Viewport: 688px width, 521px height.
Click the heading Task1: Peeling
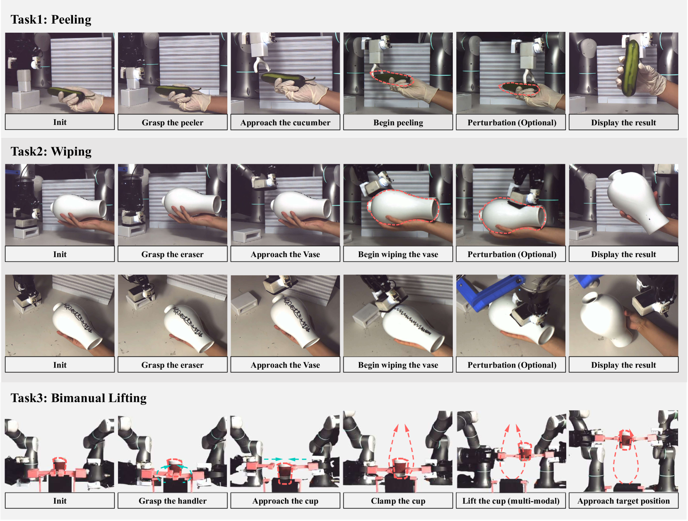51,20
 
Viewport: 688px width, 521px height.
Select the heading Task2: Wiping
51,151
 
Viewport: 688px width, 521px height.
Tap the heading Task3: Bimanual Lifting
79,398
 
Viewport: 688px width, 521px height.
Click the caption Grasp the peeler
172,122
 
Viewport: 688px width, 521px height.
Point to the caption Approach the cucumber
285,122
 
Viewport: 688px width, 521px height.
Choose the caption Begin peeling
398,122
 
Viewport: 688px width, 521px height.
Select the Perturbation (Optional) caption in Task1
512,122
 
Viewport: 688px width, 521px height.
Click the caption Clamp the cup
398,501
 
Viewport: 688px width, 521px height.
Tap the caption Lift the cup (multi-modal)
511,501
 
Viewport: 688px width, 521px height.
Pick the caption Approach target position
623,501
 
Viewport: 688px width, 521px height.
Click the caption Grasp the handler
172,501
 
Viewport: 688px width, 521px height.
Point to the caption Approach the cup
285,501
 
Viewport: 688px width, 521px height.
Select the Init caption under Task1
60,122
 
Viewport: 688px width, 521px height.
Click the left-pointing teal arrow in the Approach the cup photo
298,459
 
